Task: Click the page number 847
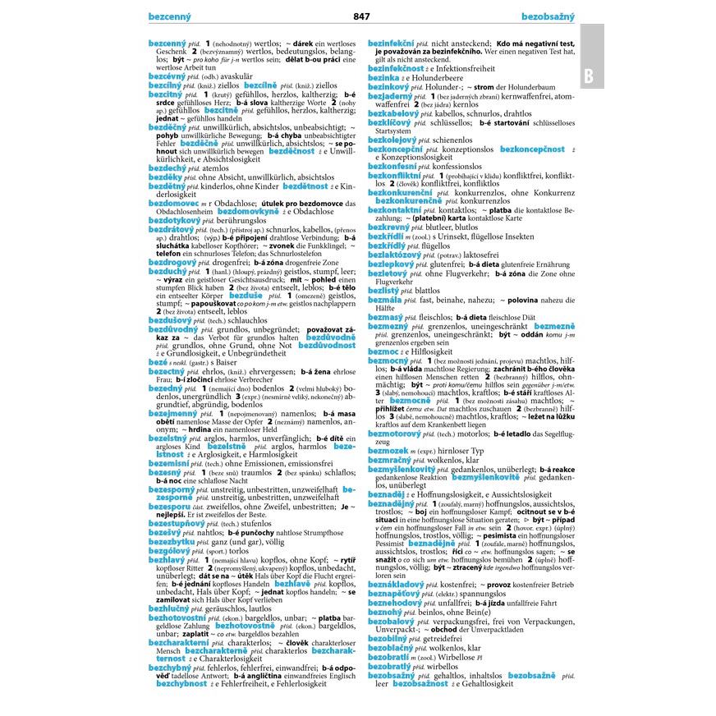coord(361,16)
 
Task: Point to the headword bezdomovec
coord(173,204)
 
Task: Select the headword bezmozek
coord(388,451)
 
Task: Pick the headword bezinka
coord(383,78)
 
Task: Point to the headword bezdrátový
coord(172,229)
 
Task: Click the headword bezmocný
coord(388,360)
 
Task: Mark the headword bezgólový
coord(168,551)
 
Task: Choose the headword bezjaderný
coord(391,96)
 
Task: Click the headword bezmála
coord(384,300)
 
